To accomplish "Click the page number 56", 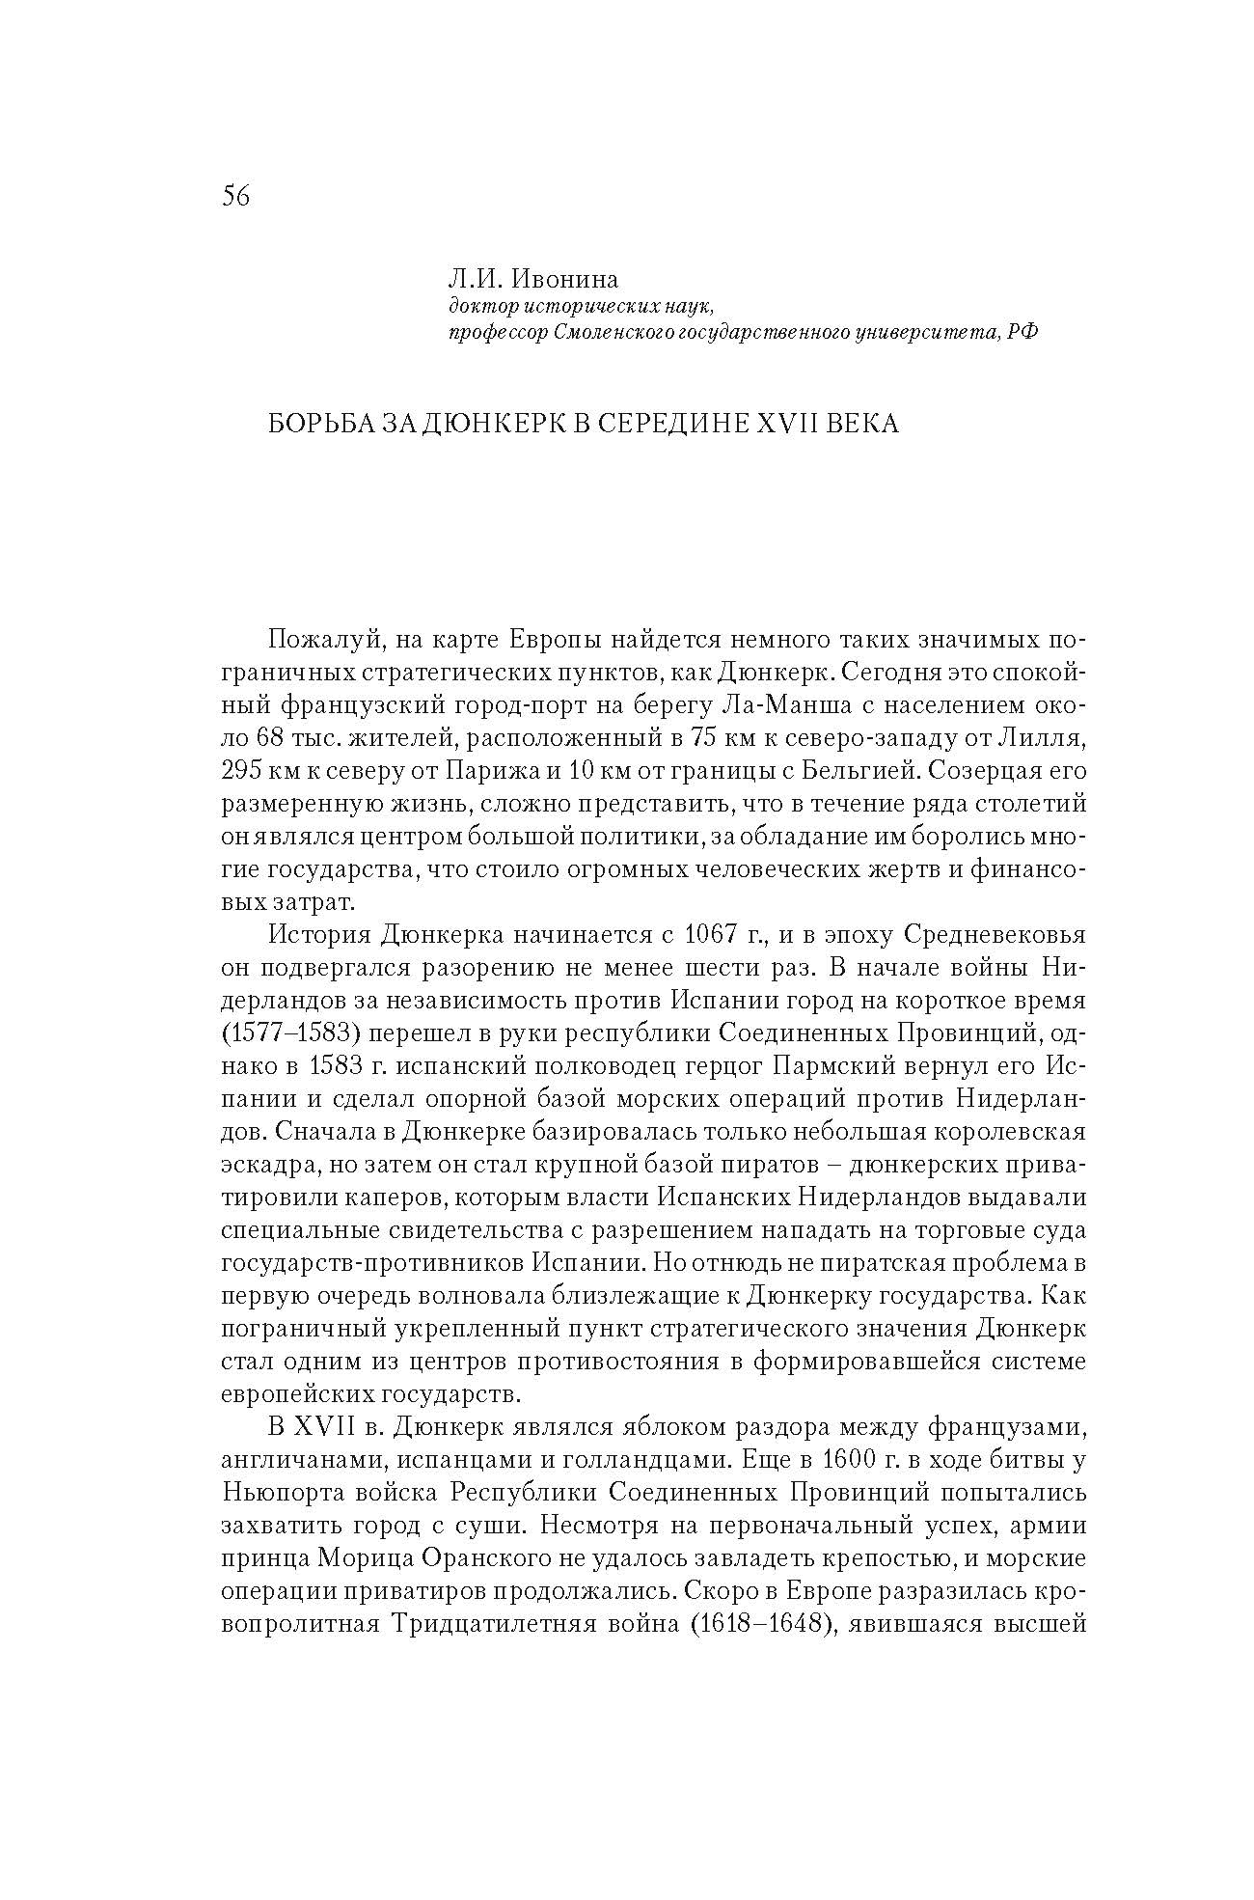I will (x=235, y=196).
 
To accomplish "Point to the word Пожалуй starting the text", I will (x=326, y=640).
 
